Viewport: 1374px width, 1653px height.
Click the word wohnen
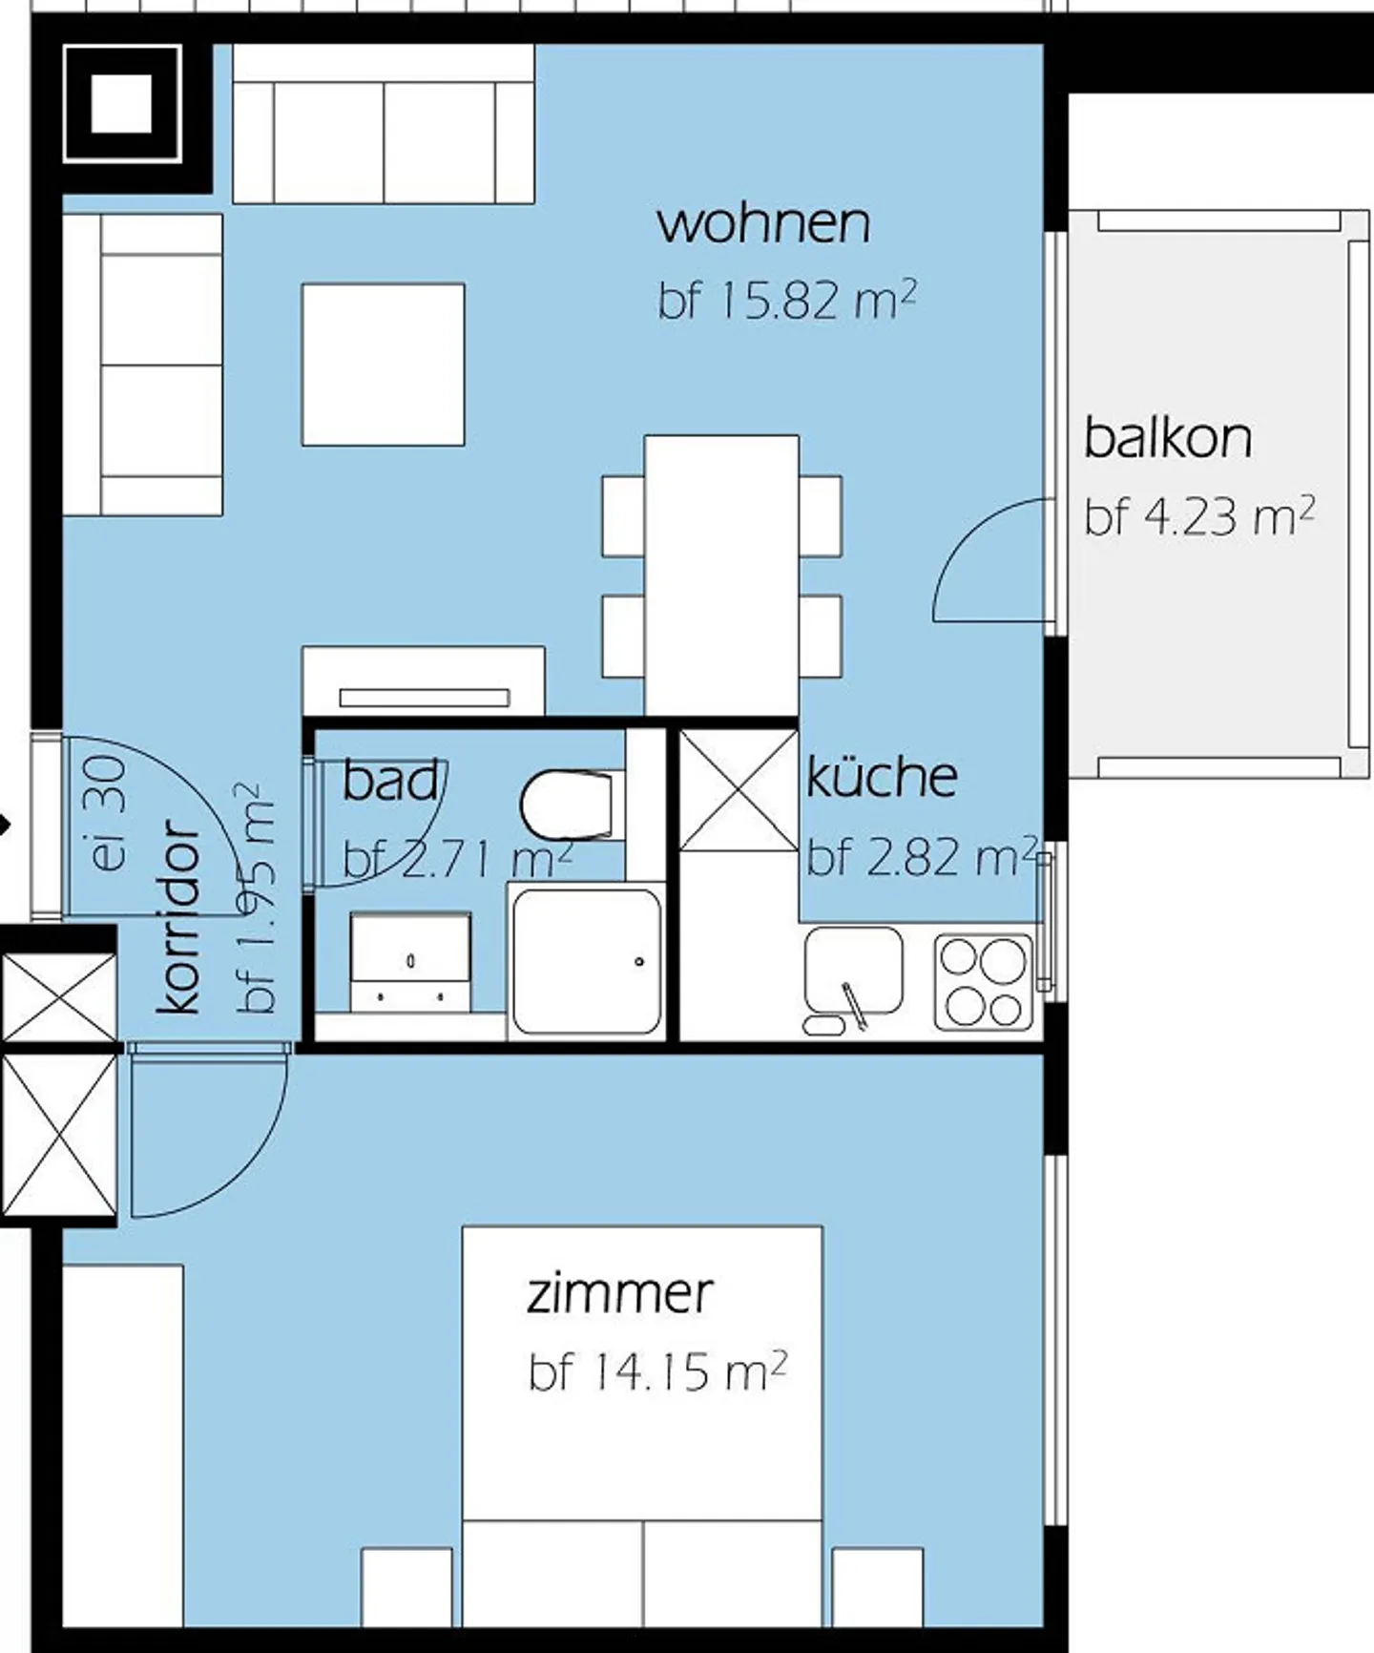[763, 223]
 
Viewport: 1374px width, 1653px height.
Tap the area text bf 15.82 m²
[787, 300]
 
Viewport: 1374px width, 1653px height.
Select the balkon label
[1168, 438]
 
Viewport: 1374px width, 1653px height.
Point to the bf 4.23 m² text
[1199, 515]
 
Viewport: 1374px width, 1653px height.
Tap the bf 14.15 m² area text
[657, 1371]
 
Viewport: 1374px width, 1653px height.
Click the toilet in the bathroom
[567, 805]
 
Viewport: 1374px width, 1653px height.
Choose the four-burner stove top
[984, 982]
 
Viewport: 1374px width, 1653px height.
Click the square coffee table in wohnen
[384, 365]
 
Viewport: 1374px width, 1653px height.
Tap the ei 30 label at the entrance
[111, 812]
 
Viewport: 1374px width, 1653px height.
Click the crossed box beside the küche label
[738, 789]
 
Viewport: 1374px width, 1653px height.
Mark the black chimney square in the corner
[122, 103]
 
